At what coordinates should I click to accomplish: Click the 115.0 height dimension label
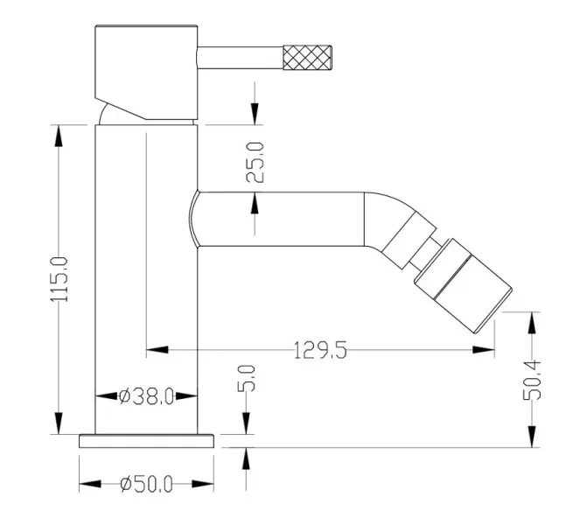[x=59, y=279]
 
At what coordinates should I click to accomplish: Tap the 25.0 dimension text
[x=255, y=162]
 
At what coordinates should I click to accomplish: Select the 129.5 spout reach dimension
[x=320, y=350]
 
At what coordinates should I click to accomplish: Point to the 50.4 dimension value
[x=532, y=380]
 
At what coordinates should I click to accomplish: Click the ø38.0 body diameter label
[x=146, y=396]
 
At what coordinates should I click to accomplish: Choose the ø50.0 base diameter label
[x=146, y=484]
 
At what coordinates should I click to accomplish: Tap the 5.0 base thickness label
[x=247, y=378]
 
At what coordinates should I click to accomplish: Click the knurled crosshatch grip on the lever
[x=307, y=58]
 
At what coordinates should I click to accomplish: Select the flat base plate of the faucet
[x=146, y=441]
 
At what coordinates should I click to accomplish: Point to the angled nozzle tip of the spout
[x=463, y=285]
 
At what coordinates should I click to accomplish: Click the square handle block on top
[x=146, y=73]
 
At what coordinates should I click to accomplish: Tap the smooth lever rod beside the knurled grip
[x=240, y=58]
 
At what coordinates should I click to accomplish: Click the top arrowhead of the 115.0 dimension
[x=59, y=136]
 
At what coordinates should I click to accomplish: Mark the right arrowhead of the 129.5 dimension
[x=483, y=350]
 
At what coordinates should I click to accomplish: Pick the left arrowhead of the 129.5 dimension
[x=157, y=350]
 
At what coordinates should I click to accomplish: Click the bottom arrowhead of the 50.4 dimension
[x=532, y=437]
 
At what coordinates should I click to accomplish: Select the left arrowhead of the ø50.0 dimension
[x=90, y=484]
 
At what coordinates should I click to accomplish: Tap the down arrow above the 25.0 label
[x=255, y=114]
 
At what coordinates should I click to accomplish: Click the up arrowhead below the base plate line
[x=246, y=458]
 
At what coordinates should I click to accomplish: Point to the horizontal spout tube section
[x=281, y=220]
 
